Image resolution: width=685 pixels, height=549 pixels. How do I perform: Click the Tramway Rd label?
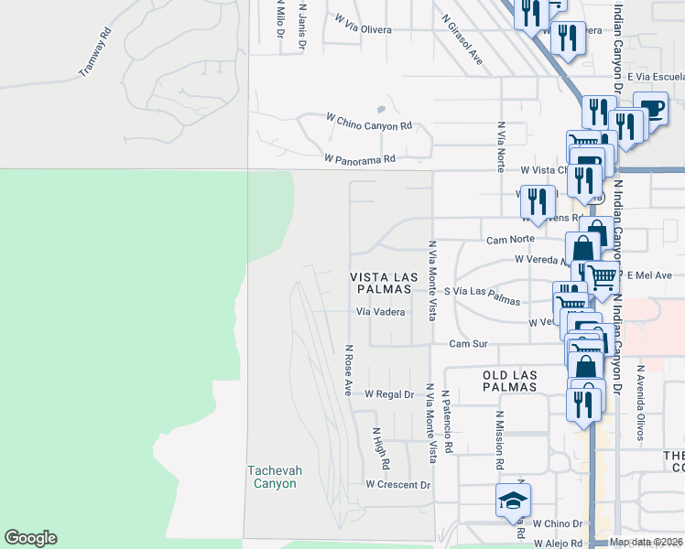96,52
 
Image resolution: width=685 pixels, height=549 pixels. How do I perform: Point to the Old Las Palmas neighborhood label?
496,381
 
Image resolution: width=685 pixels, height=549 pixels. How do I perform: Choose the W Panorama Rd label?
359,158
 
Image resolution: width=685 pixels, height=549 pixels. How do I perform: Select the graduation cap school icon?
513,501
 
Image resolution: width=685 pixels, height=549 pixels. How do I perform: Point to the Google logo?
30,538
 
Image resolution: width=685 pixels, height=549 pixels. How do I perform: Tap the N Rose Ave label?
348,370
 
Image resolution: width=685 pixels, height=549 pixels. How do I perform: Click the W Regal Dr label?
389,394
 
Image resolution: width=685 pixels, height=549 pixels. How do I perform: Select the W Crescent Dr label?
397,484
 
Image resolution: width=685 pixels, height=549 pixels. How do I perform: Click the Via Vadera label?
380,311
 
